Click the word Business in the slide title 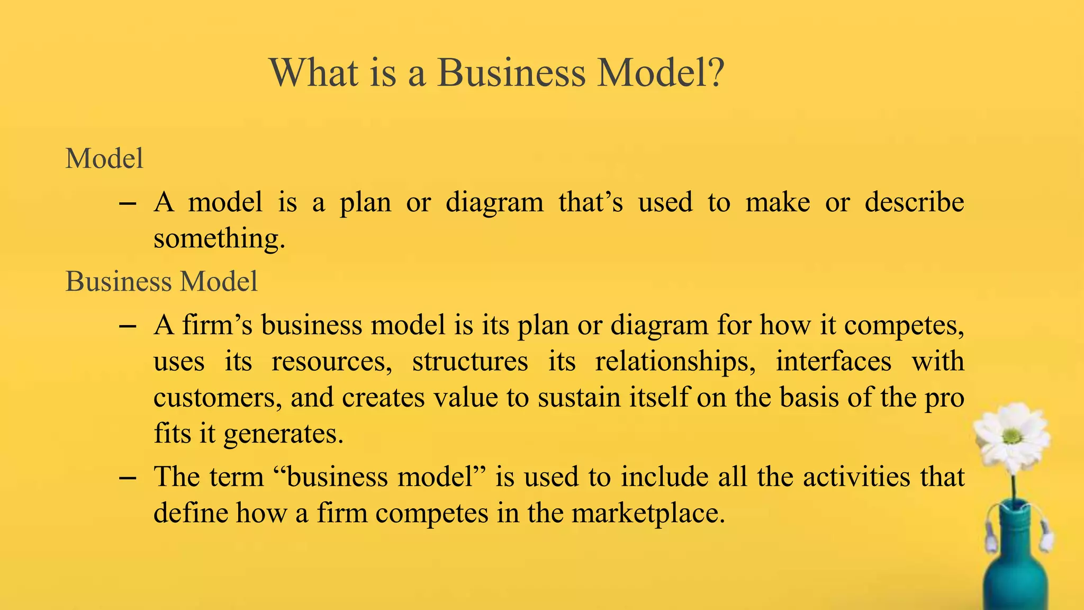click(511, 73)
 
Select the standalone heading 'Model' click(104, 158)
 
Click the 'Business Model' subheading click(161, 281)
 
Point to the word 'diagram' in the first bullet click(494, 203)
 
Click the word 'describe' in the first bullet click(914, 202)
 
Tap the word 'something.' click(219, 239)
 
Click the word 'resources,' click(332, 362)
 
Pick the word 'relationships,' click(675, 362)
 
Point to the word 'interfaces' click(834, 361)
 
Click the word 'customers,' click(218, 398)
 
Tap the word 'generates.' click(284, 434)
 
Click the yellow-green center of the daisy click(1012, 436)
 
